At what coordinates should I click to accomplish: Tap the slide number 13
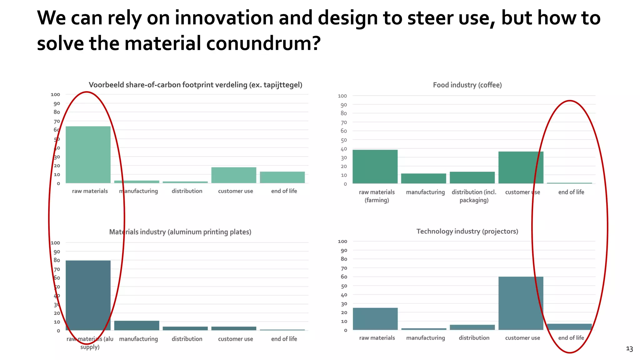pyautogui.click(x=629, y=349)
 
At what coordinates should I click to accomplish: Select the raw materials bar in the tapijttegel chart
pyautogui.click(x=88, y=155)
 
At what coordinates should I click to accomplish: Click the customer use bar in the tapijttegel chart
pyautogui.click(x=234, y=175)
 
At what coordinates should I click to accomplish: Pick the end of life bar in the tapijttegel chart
pyautogui.click(x=282, y=177)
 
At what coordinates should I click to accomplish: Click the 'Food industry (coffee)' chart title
pyautogui.click(x=467, y=85)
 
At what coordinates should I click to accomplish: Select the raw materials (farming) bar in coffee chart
pyautogui.click(x=375, y=167)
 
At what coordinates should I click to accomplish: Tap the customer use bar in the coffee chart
pyautogui.click(x=521, y=167)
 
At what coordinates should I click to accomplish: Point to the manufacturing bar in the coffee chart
pyautogui.click(x=424, y=178)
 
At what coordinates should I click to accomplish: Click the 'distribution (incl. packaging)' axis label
pyautogui.click(x=474, y=196)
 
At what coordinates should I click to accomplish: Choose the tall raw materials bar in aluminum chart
pyautogui.click(x=88, y=295)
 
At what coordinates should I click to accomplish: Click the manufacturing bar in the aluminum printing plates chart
pyautogui.click(x=137, y=325)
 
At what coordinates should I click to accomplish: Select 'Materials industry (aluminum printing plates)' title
pyautogui.click(x=180, y=232)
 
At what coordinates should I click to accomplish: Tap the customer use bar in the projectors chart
pyautogui.click(x=521, y=303)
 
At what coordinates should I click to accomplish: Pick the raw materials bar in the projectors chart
pyautogui.click(x=375, y=319)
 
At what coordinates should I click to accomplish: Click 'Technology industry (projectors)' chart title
pyautogui.click(x=467, y=231)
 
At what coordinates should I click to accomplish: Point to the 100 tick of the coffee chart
pyautogui.click(x=342, y=96)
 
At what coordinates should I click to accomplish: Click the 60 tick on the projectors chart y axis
pyautogui.click(x=344, y=277)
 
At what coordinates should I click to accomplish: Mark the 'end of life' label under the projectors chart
pyautogui.click(x=571, y=338)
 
